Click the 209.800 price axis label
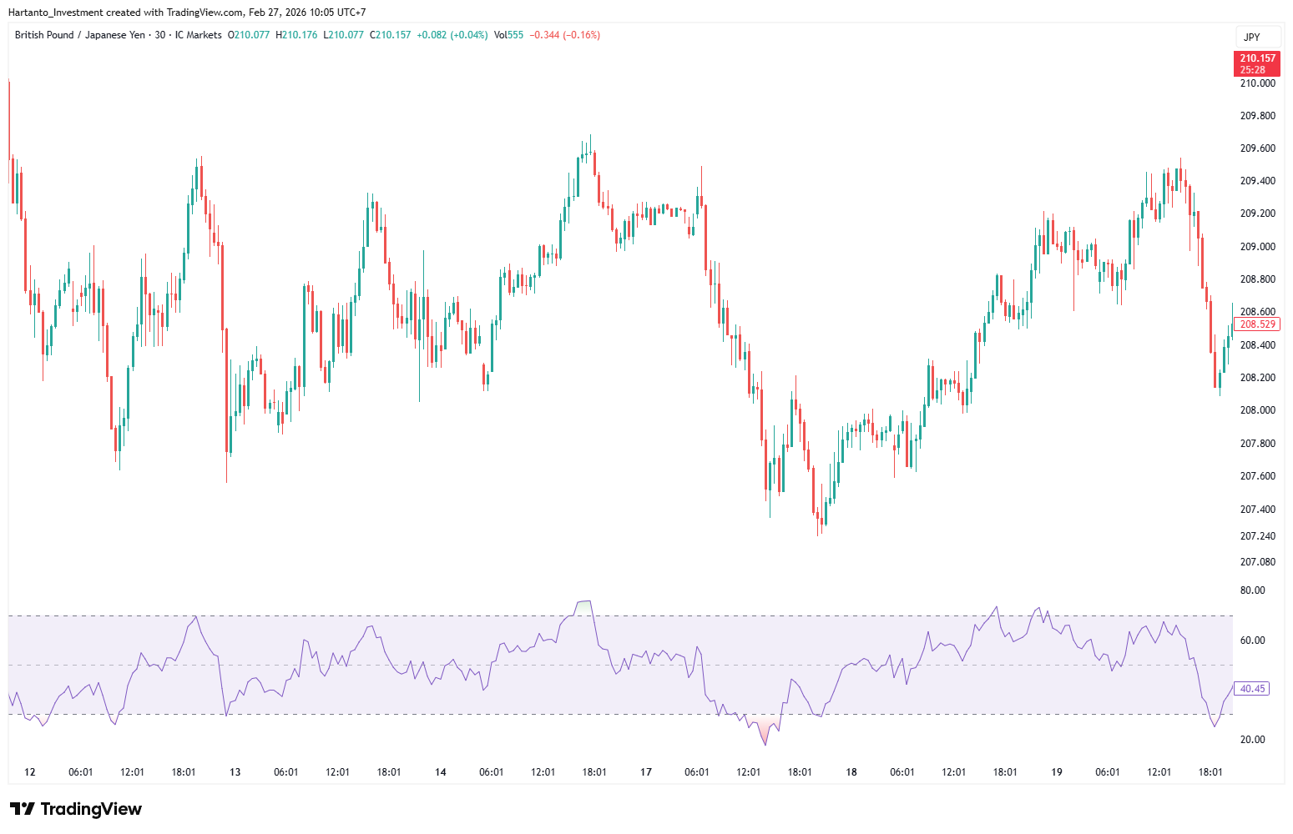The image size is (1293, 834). tap(1257, 116)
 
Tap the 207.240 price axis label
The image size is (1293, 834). tap(1257, 536)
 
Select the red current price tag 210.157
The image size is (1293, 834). tap(1256, 63)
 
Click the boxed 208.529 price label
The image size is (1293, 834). tap(1257, 324)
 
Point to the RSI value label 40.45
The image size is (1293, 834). tap(1252, 689)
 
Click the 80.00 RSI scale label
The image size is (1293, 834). tap(1252, 590)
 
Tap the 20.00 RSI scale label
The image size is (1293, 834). tap(1252, 740)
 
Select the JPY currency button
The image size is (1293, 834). tap(1251, 38)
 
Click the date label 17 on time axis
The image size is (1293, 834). tap(645, 772)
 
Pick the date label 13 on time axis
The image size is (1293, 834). tap(235, 772)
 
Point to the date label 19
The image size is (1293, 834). tap(1056, 772)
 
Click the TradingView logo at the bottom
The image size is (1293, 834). tap(76, 809)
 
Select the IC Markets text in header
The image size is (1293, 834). tap(198, 35)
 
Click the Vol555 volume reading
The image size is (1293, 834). tap(508, 35)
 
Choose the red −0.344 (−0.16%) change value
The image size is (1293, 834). tap(564, 35)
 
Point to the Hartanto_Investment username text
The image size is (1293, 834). tap(55, 13)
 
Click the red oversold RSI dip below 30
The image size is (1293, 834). tap(764, 731)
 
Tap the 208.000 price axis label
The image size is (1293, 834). tap(1257, 410)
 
